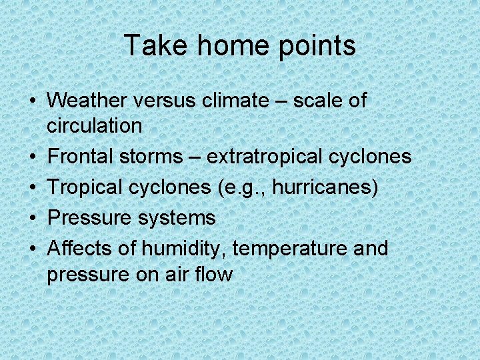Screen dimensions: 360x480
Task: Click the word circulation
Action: (x=95, y=125)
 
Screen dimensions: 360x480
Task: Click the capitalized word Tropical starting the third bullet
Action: (x=87, y=187)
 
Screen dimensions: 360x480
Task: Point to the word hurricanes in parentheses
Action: (x=328, y=187)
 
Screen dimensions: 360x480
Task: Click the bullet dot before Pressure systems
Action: (x=32, y=218)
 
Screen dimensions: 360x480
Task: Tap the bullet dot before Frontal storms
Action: (x=32, y=157)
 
